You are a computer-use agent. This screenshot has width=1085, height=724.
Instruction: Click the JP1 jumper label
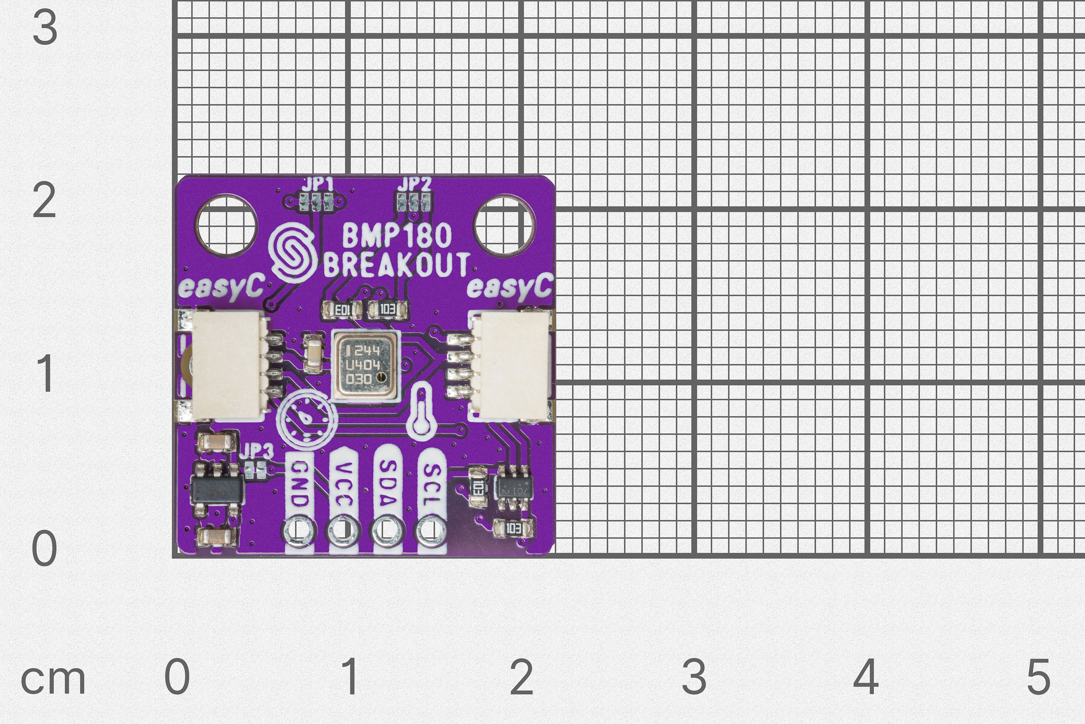[317, 185]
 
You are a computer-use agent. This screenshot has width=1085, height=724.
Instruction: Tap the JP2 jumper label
[414, 184]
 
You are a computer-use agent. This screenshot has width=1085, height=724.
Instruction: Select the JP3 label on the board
[256, 451]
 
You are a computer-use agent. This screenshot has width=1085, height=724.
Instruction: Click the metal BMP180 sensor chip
[364, 365]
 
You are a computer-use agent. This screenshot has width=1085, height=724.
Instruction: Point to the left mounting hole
[226, 226]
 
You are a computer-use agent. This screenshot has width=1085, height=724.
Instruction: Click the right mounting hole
[504, 225]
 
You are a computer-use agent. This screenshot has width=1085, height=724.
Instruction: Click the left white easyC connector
[226, 365]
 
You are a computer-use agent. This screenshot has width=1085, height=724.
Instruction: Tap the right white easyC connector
[512, 365]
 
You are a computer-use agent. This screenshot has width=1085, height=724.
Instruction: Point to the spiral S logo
[292, 252]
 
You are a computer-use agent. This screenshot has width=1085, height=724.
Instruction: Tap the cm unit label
[53, 680]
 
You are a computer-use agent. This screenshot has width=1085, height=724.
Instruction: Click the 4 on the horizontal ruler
[865, 677]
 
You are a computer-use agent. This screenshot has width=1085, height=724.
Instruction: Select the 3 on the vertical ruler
[45, 28]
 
